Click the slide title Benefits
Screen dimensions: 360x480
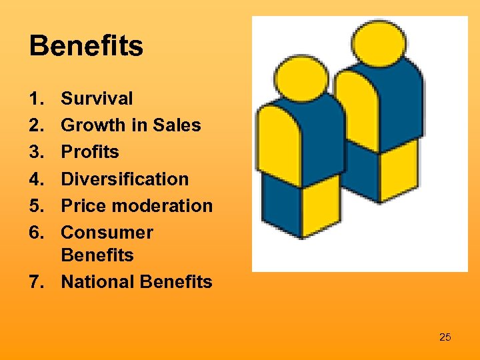(x=86, y=47)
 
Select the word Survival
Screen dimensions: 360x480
(x=97, y=99)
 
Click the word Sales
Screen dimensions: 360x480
(x=177, y=125)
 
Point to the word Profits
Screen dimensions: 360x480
(x=90, y=152)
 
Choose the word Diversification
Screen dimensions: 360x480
(x=125, y=179)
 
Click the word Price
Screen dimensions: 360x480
(x=83, y=205)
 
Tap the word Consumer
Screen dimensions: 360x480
(x=107, y=233)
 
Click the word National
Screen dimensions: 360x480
(x=97, y=282)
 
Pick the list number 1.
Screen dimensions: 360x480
(x=37, y=99)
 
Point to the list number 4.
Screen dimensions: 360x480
(x=37, y=179)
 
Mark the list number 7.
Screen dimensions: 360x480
(x=37, y=282)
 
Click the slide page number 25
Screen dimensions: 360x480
(x=445, y=337)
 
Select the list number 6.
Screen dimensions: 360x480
(x=37, y=233)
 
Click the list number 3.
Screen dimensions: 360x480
(x=37, y=152)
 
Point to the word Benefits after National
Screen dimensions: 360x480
(x=176, y=282)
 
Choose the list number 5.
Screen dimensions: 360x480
(x=37, y=205)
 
